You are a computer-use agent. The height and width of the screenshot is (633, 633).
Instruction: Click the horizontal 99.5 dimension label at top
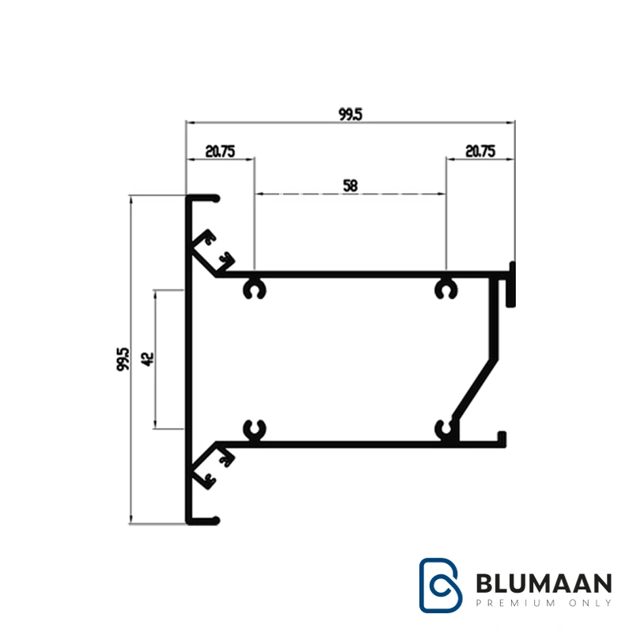351,114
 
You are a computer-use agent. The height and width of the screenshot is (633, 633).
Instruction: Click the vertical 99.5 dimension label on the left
123,359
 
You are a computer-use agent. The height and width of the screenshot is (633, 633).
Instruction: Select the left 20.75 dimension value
220,151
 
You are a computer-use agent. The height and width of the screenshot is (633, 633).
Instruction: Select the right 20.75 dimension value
480,151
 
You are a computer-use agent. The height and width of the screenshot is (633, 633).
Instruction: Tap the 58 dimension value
351,186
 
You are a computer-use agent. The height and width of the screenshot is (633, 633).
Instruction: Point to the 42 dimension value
147,359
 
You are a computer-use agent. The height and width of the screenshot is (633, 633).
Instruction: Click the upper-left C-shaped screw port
254,289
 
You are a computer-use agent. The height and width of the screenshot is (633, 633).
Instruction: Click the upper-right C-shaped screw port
445,289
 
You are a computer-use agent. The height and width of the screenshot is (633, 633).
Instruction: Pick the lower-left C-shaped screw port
254,430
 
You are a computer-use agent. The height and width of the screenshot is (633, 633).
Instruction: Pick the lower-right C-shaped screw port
445,430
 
